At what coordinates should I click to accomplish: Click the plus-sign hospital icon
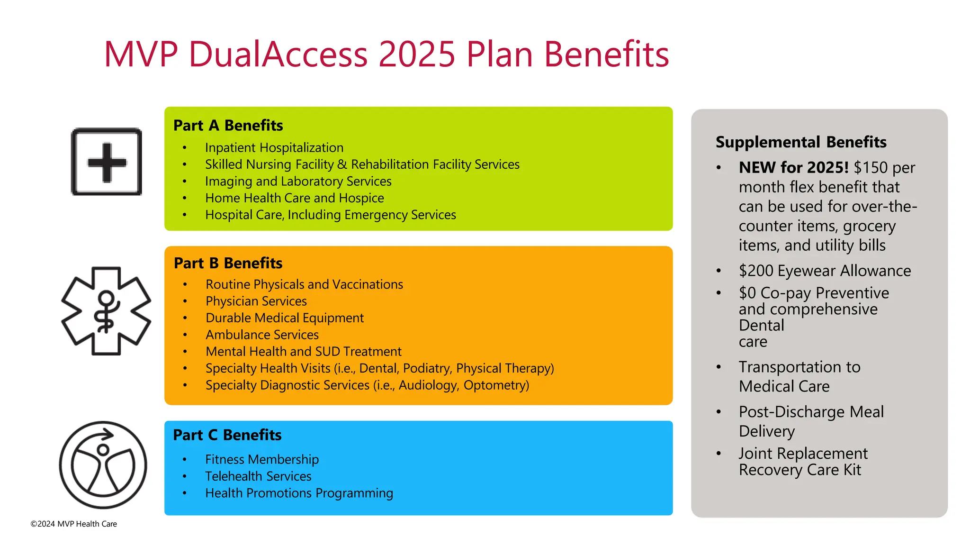point(107,162)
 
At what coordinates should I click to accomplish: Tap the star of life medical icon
point(106,311)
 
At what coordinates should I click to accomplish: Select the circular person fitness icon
point(103,465)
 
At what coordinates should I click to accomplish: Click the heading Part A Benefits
point(228,126)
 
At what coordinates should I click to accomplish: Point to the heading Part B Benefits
point(228,264)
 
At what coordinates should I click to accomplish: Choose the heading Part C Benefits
point(227,435)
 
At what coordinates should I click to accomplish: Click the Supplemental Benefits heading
point(801,142)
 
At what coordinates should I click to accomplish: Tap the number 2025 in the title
point(417,54)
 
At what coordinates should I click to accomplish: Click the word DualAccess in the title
point(278,54)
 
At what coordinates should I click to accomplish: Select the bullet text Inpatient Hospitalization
point(274,148)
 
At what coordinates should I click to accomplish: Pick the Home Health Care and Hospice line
point(294,198)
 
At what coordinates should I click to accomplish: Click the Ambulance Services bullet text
point(262,335)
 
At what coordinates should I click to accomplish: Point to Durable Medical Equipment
point(284,318)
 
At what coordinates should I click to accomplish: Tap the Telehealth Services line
point(258,476)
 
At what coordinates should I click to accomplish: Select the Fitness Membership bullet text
point(261,460)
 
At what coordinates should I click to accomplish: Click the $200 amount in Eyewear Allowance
point(755,271)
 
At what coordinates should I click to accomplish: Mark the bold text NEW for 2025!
point(793,168)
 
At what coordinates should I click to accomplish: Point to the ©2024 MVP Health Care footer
point(74,524)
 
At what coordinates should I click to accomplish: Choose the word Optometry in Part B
point(496,385)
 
